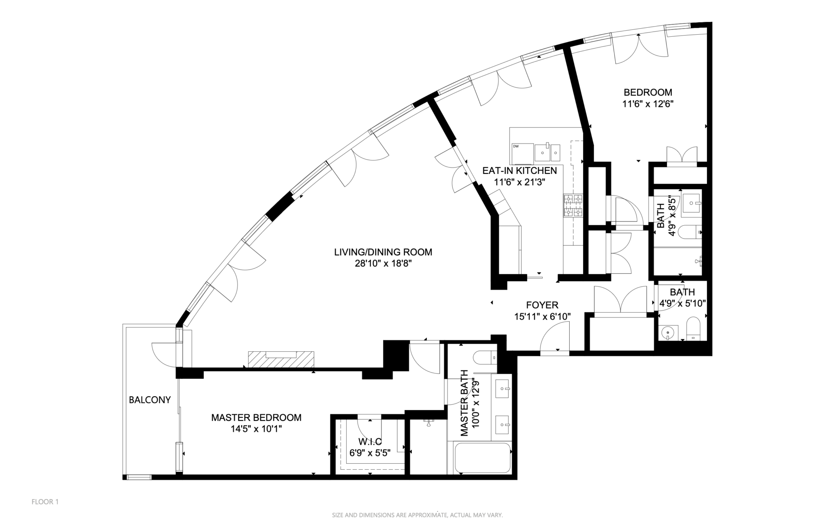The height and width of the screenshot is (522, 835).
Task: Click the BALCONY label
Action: pyautogui.click(x=150, y=400)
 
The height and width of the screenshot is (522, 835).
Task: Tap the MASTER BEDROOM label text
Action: pyautogui.click(x=256, y=418)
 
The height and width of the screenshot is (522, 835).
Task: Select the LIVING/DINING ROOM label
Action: pyautogui.click(x=383, y=252)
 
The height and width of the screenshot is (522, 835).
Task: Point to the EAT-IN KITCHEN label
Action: pyautogui.click(x=519, y=171)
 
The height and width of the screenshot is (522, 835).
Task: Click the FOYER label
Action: pyautogui.click(x=542, y=305)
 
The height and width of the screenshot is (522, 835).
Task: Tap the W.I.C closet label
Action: pyautogui.click(x=370, y=442)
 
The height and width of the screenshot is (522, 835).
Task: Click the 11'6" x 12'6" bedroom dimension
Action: pyautogui.click(x=647, y=104)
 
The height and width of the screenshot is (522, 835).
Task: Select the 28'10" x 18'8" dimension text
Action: pyautogui.click(x=383, y=264)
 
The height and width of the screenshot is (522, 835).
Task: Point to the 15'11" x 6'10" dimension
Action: pyautogui.click(x=542, y=316)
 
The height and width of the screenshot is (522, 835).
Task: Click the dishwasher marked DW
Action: pyautogui.click(x=521, y=153)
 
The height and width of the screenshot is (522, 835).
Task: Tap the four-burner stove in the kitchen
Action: pyautogui.click(x=573, y=206)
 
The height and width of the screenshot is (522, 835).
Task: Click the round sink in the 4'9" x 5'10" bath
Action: pyautogui.click(x=668, y=333)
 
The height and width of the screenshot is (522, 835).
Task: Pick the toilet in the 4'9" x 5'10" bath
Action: pyautogui.click(x=693, y=329)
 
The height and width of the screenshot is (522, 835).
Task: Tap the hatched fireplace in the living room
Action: pyautogui.click(x=281, y=359)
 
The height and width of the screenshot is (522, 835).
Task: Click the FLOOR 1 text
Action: pyautogui.click(x=45, y=502)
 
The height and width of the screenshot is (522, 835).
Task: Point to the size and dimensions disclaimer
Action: pyautogui.click(x=417, y=515)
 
